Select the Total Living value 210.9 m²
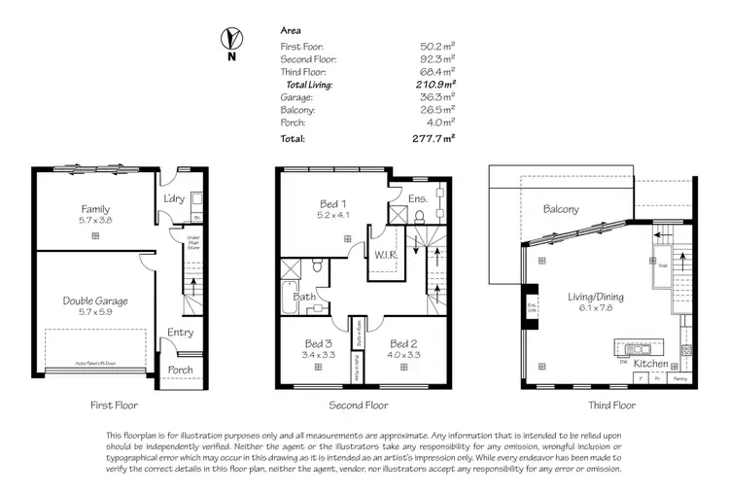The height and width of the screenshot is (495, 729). [436, 86]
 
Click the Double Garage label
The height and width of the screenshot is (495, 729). [95, 301]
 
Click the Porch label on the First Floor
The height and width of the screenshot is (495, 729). [180, 370]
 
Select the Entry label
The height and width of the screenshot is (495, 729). [180, 333]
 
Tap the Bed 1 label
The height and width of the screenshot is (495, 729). [332, 204]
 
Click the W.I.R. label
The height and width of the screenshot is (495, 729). [384, 255]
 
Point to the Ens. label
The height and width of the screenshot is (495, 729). [418, 198]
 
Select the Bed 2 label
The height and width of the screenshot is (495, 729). [403, 344]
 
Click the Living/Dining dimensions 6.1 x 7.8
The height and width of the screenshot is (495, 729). [596, 309]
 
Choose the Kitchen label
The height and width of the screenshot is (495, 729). [651, 363]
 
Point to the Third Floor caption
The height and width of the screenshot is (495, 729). [611, 405]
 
